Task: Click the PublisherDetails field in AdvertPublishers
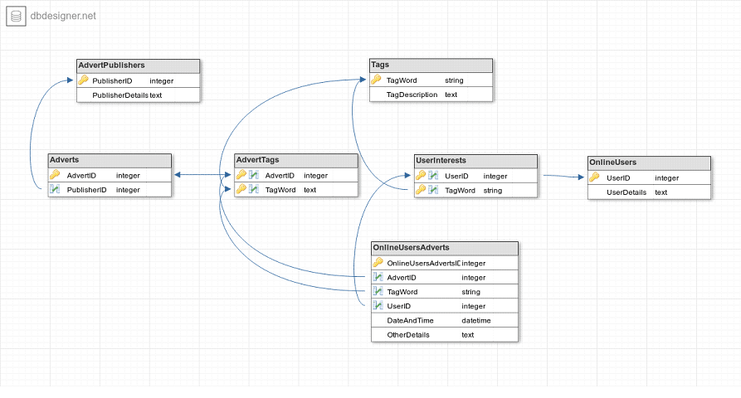120,95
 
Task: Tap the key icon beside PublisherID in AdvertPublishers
83,80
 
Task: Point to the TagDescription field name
412,95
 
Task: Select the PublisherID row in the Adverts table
87,190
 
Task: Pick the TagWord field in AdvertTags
280,190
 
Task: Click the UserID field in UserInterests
456,176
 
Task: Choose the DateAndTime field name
410,321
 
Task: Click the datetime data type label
476,321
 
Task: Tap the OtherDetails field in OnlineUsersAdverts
408,335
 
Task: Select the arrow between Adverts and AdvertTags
202,175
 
